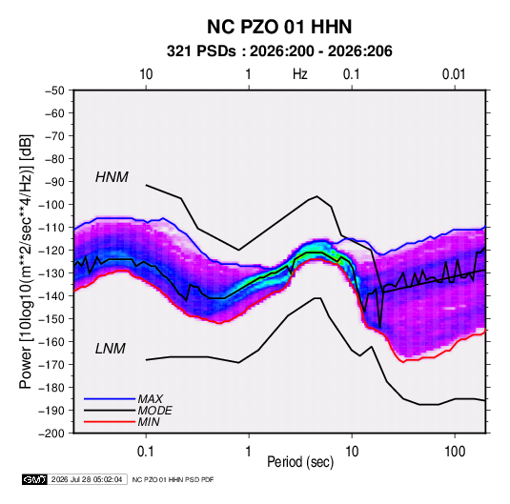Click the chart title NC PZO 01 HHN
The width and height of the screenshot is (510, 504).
pyautogui.click(x=279, y=27)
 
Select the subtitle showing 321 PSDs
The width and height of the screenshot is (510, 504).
pyautogui.click(x=279, y=51)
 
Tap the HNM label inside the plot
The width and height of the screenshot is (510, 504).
pyautogui.click(x=112, y=177)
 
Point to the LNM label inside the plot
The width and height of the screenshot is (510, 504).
pyautogui.click(x=111, y=349)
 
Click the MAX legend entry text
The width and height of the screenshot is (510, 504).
pyautogui.click(x=150, y=399)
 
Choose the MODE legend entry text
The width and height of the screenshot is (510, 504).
pyautogui.click(x=154, y=411)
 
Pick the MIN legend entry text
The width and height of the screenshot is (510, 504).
pyautogui.click(x=149, y=422)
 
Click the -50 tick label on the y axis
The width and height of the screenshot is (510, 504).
pyautogui.click(x=54, y=91)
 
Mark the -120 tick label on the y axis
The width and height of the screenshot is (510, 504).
pyautogui.click(x=51, y=251)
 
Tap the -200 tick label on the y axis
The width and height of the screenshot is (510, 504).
pyautogui.click(x=51, y=433)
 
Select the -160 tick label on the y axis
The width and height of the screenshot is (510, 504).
pyautogui.click(x=51, y=342)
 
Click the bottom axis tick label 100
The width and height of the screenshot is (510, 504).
pyautogui.click(x=455, y=452)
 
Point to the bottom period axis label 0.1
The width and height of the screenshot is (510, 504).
pyautogui.click(x=146, y=452)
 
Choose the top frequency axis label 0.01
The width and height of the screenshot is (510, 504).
pyautogui.click(x=454, y=74)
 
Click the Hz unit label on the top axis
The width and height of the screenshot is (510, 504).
pyautogui.click(x=300, y=74)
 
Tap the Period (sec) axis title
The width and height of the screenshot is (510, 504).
pyautogui.click(x=300, y=462)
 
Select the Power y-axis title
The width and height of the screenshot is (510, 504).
pyautogui.click(x=26, y=262)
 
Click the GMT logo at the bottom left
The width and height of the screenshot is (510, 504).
pyautogui.click(x=34, y=479)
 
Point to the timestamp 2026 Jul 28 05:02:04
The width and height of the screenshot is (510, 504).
pyautogui.click(x=87, y=479)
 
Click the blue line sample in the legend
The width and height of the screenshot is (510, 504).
pyautogui.click(x=110, y=399)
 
